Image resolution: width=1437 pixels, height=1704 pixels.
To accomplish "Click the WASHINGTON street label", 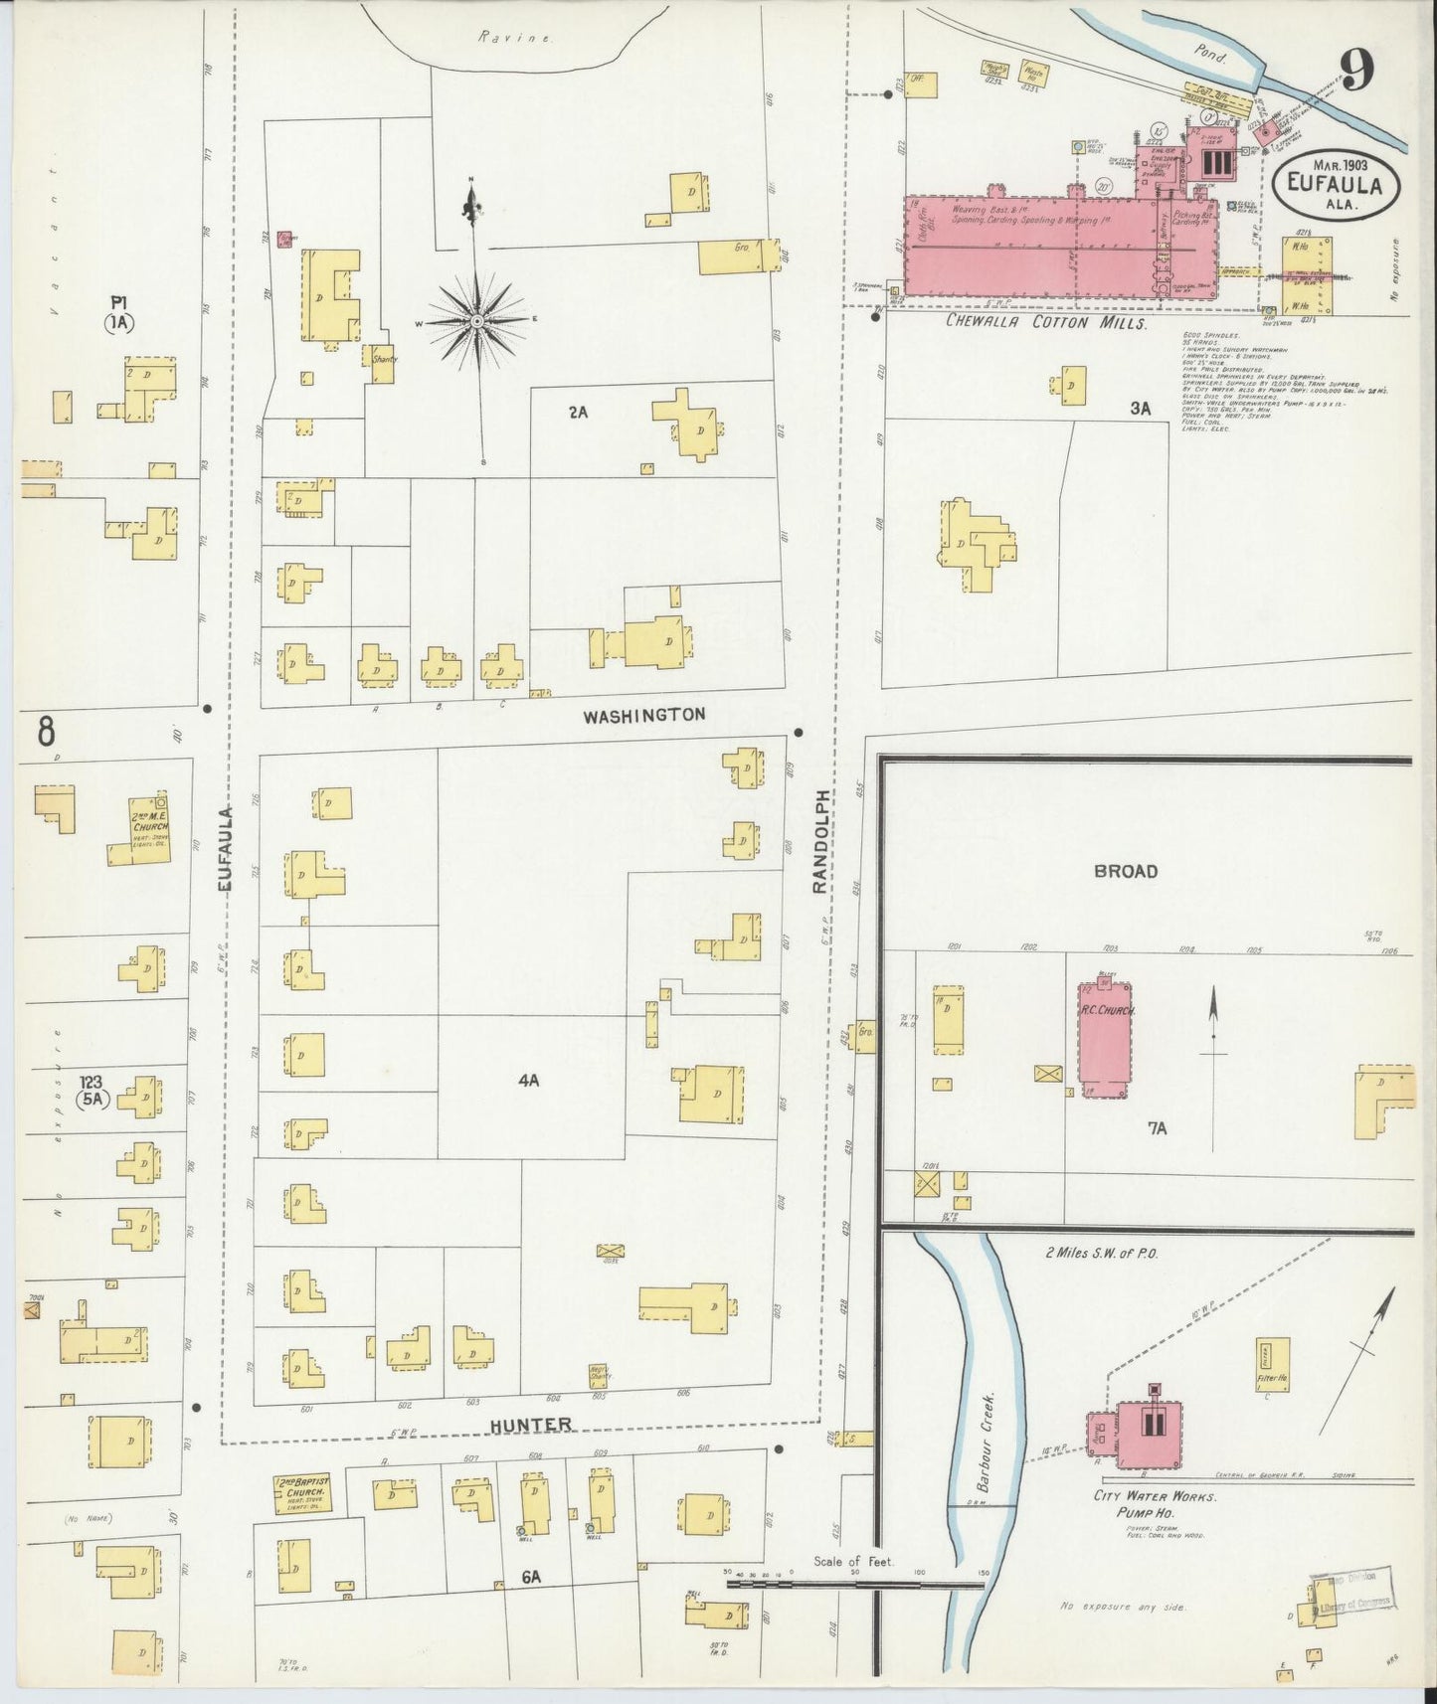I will pos(643,714).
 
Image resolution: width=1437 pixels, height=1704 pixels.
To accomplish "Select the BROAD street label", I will pos(1126,871).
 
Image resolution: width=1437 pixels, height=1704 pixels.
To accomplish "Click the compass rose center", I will pos(478,322).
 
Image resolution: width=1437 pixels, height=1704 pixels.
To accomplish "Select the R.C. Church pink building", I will pos(1105,1037).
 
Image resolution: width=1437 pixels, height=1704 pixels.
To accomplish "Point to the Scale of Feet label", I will pos(854,1562).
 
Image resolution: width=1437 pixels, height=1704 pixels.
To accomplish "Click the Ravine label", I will pos(499,37).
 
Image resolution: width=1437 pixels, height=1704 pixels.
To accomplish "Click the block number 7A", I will pos(1156,1127).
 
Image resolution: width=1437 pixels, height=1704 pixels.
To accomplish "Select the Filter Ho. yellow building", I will pos(1273,1365).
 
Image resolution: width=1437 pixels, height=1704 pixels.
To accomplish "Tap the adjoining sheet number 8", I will pos(46,732).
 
